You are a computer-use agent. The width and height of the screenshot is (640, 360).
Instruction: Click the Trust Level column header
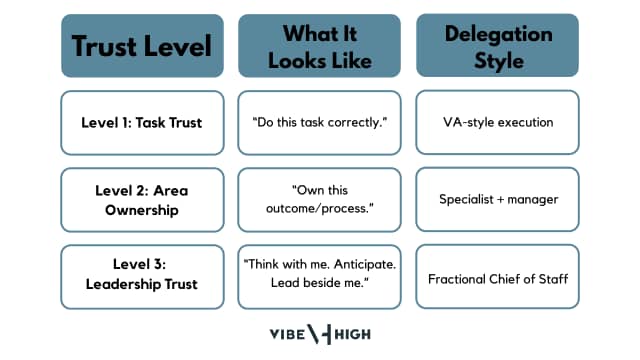coord(142,46)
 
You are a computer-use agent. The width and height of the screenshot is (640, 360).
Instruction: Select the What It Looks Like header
coord(320,46)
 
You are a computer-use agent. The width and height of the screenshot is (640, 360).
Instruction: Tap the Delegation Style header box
coord(497,46)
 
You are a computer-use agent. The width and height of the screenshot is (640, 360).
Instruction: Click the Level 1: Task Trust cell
coord(142,122)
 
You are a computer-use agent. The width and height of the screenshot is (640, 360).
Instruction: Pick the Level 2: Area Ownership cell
coord(142,199)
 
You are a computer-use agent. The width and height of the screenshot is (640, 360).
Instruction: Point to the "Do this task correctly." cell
coord(320,122)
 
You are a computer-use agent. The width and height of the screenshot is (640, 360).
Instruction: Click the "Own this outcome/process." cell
coord(320,199)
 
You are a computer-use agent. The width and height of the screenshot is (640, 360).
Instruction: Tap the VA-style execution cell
coord(497,122)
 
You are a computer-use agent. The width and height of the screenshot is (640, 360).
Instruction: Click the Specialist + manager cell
coord(497,199)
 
